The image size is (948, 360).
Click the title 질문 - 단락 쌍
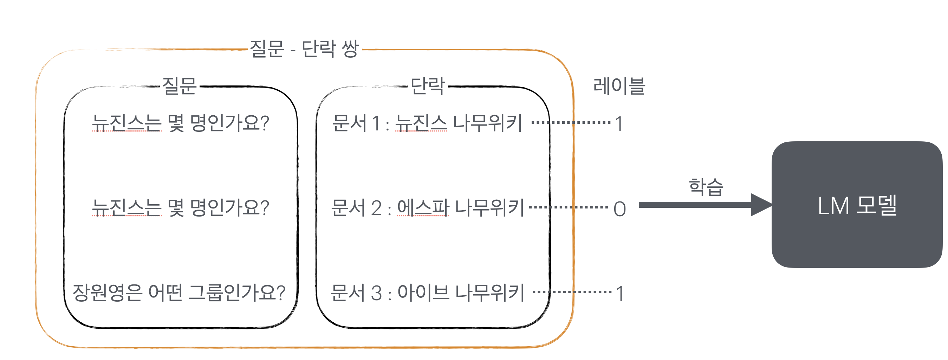304,49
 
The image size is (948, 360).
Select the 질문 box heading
179,86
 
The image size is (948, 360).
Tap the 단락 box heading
428,86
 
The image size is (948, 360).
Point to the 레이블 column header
619,86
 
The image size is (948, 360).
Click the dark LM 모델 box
857,205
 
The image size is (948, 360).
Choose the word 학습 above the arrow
706,187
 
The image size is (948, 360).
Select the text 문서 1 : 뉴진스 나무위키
427,123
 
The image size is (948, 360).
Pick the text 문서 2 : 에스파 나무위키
427,208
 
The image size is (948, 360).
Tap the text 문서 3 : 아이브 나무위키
427,293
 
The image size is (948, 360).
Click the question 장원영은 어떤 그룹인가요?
179,293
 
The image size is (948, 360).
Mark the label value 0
620,209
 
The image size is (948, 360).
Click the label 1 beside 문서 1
620,124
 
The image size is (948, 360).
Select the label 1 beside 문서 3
621,294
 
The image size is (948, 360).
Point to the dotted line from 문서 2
569,207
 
